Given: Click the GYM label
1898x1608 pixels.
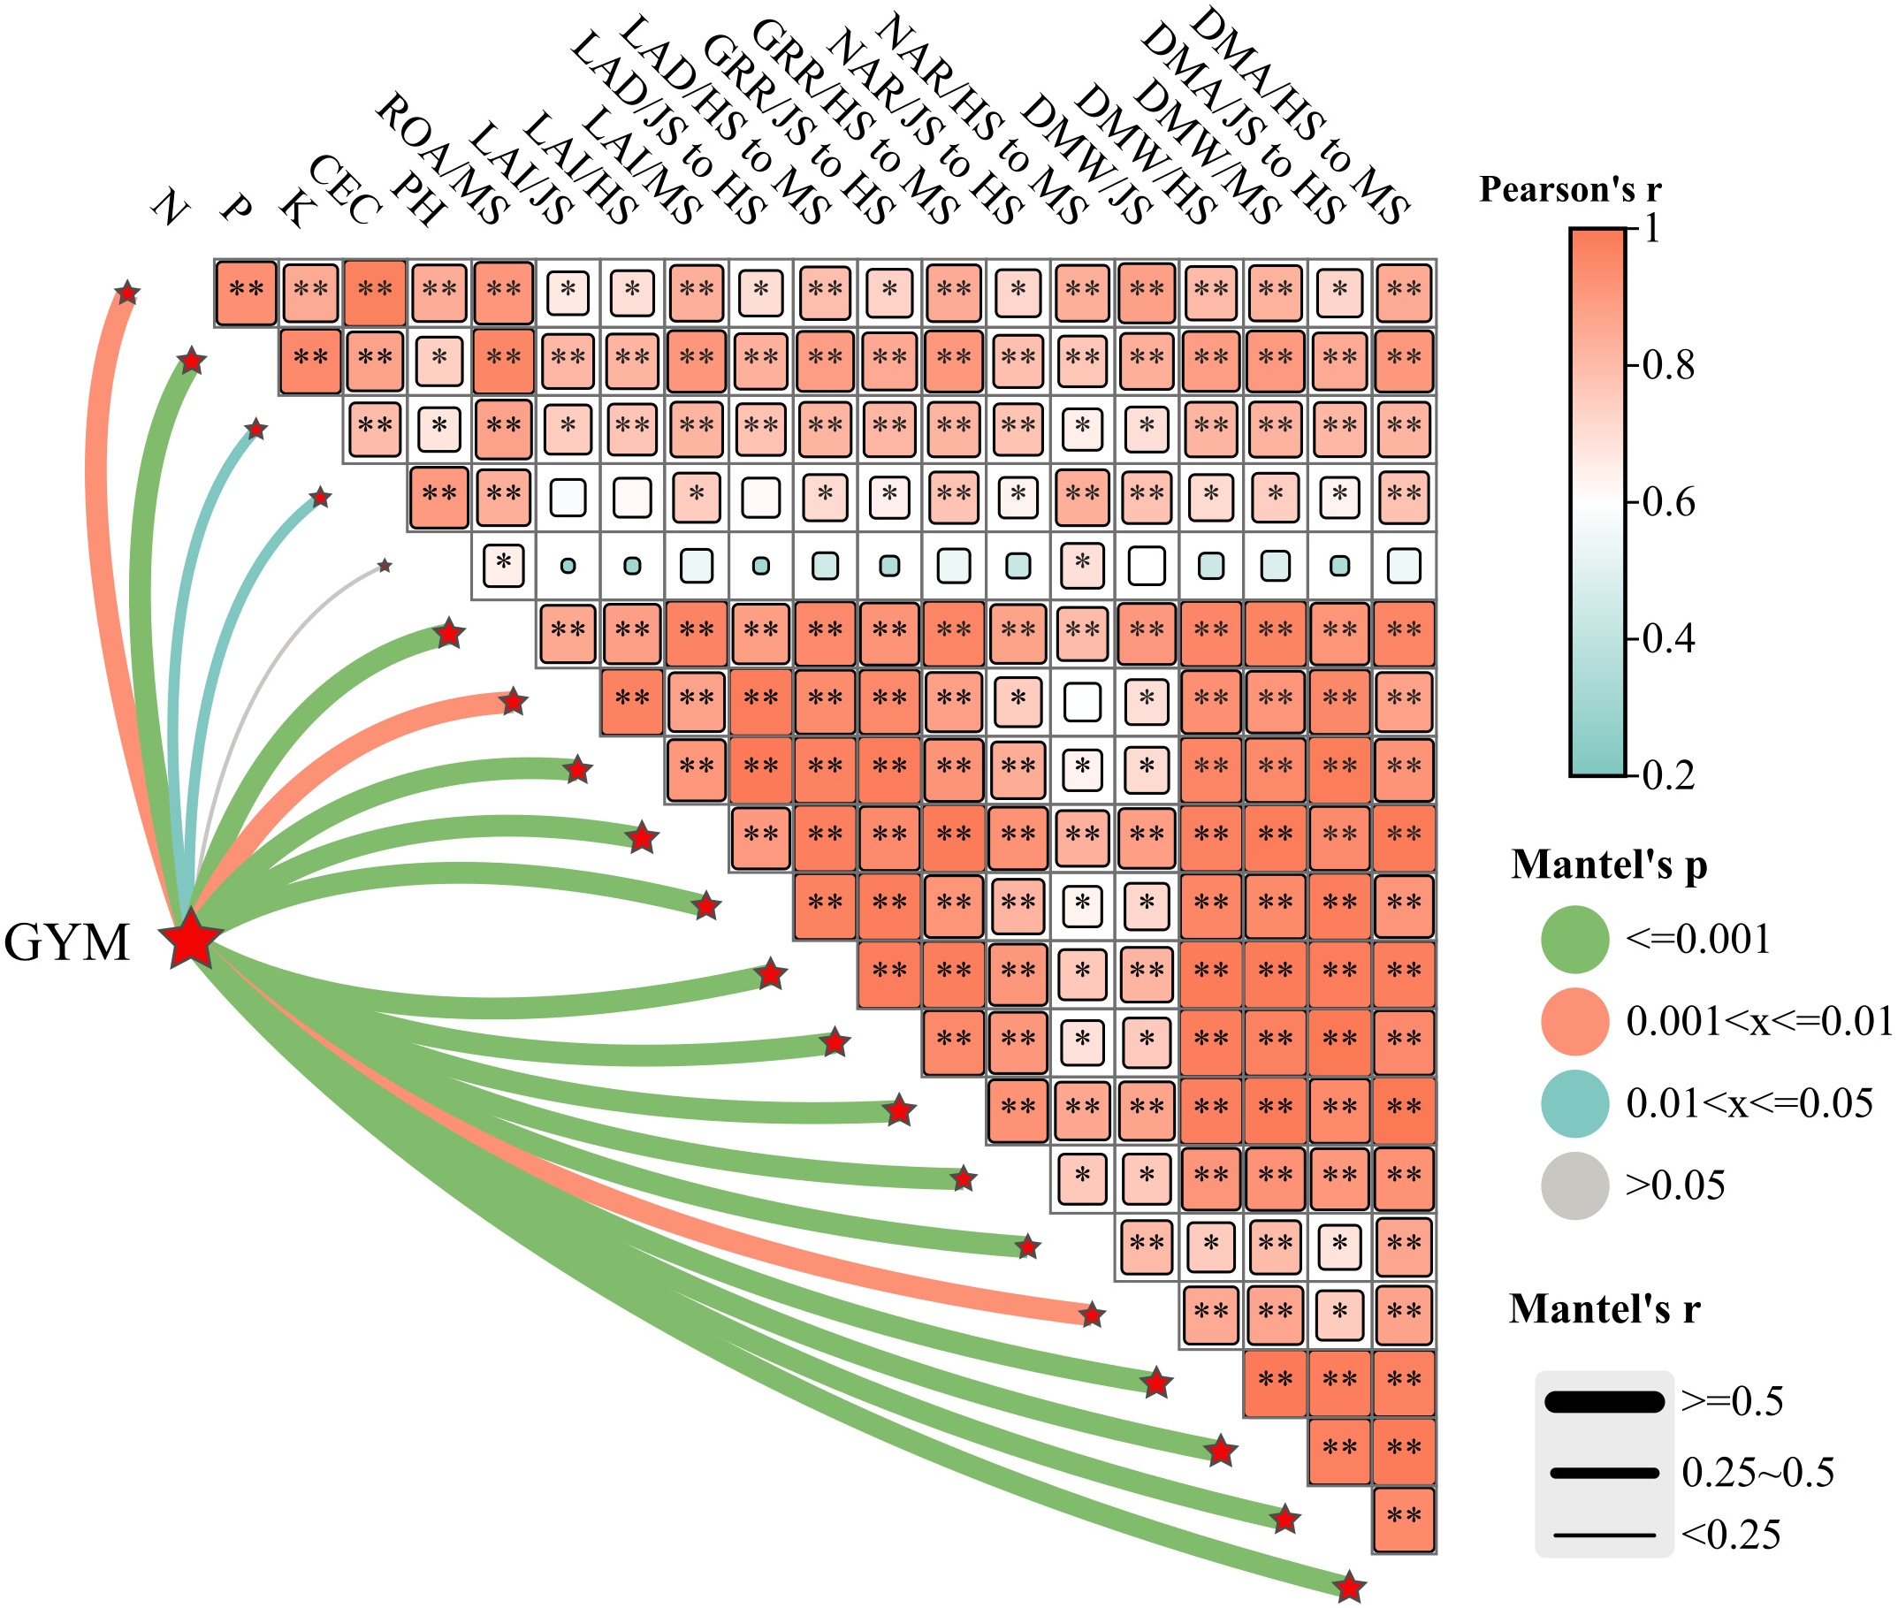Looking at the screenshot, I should tap(66, 942).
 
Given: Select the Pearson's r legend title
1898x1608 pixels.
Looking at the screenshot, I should tap(1570, 189).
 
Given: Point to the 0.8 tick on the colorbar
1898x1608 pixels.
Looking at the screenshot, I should tap(1667, 366).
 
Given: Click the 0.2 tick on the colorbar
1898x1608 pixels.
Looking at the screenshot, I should tap(1667, 776).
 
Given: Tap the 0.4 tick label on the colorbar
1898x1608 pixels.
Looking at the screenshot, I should tap(1667, 639).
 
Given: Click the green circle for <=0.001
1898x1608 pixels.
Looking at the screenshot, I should tap(1574, 939).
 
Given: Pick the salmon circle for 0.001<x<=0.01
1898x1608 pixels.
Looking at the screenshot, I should tap(1574, 1021).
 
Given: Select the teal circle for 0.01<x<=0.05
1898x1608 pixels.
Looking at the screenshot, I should tap(1574, 1103).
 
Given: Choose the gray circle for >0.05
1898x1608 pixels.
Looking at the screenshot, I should tap(1574, 1185).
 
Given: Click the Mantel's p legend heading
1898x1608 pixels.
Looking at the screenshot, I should tap(1609, 865).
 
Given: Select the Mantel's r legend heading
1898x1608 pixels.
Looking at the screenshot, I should tap(1605, 1309).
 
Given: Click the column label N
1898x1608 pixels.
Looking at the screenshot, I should tap(170, 207).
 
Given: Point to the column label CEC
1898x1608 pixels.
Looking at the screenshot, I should tap(345, 189).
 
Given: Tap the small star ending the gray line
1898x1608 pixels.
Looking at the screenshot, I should tap(385, 566).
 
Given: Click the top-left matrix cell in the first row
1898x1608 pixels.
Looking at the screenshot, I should tap(246, 293).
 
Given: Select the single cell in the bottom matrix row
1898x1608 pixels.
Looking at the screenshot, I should tap(1404, 1520).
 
